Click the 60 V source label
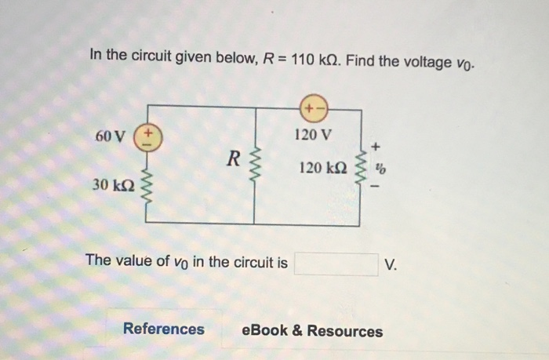pyautogui.click(x=109, y=136)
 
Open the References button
pyautogui.click(x=163, y=329)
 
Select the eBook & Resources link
pyautogui.click(x=313, y=330)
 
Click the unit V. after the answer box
pyautogui.click(x=391, y=264)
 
